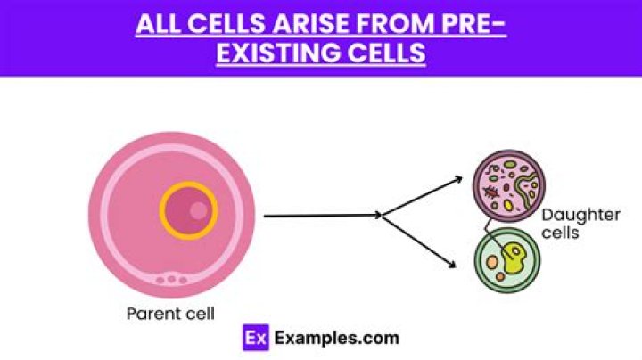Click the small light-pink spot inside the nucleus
[199, 210]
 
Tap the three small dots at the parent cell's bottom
[171, 280]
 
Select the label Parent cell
[170, 313]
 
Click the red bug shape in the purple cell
[489, 190]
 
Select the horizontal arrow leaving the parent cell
[321, 215]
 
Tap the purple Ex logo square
[256, 338]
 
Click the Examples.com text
[336, 338]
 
